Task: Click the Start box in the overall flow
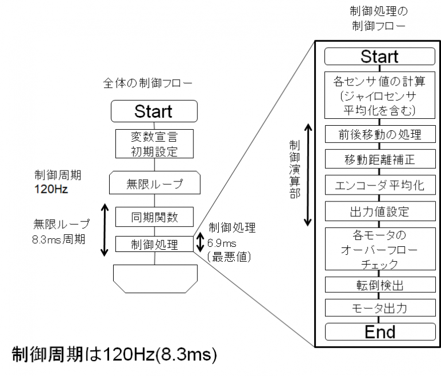click(x=153, y=110)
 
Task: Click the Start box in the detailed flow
click(x=379, y=56)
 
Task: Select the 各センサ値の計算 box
click(x=379, y=95)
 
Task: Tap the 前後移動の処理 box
click(x=379, y=135)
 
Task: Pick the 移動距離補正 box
click(x=379, y=158)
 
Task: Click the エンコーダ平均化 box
click(x=379, y=185)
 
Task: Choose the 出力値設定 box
click(x=379, y=211)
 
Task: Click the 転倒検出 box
click(x=379, y=284)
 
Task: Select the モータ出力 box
click(x=379, y=308)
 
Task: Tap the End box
click(x=379, y=332)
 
